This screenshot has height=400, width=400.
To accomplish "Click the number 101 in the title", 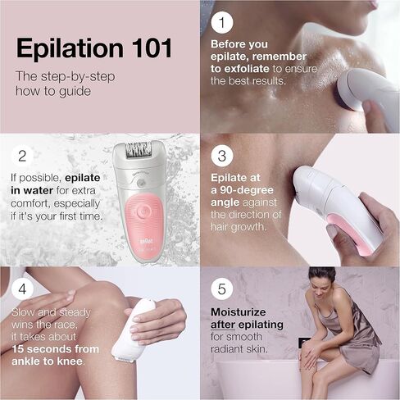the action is coord(152,48).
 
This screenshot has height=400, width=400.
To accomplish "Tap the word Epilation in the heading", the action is coord(70,49).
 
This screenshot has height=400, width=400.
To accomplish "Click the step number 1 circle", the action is coord(222,22).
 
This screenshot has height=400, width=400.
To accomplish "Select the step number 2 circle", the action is coord(22,156).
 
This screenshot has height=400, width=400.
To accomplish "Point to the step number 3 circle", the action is coord(222,156).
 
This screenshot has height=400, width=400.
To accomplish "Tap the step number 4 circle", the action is coord(22,289).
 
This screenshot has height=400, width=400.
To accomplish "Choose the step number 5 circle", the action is coord(222,289).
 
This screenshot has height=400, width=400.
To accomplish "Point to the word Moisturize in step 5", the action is coord(239,312).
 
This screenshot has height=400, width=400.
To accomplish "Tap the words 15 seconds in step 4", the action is coord(41,349).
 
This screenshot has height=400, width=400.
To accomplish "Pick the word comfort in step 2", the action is coord(30,204).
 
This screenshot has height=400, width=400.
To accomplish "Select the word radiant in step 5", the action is coord(227,349).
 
